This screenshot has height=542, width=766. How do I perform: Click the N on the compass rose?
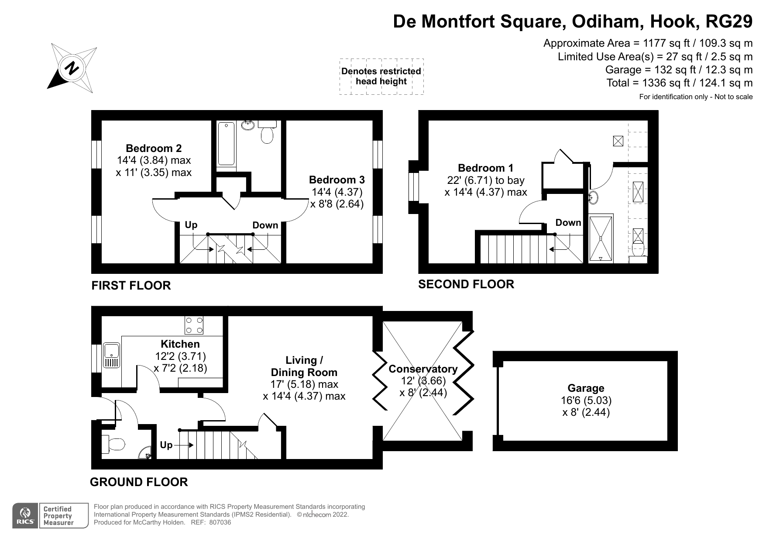72,68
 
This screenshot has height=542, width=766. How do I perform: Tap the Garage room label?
586,388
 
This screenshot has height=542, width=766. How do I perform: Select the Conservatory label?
423,369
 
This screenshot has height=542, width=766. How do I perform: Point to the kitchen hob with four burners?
194,325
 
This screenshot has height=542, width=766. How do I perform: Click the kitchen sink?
112,356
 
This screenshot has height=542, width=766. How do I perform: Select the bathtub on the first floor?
226,143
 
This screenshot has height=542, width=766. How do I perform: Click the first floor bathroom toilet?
267,132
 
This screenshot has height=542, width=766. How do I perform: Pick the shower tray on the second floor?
601,238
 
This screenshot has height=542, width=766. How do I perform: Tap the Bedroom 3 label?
337,180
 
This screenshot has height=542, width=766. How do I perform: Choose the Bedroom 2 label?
154,148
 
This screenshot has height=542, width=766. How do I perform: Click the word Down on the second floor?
568,223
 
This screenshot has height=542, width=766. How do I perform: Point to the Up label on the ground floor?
166,445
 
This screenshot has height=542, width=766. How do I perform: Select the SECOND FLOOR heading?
466,284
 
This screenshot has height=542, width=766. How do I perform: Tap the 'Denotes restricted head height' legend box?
381,76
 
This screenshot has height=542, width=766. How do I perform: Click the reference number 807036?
220,522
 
